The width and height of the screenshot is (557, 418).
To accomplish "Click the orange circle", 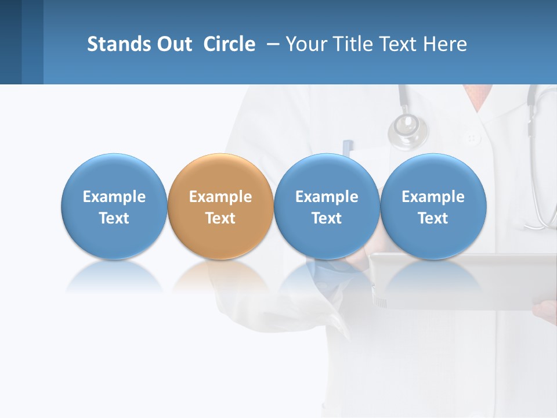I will [220, 207].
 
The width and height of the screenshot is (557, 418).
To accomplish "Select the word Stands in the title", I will [119, 44].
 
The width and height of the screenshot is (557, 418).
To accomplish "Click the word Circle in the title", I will [229, 44].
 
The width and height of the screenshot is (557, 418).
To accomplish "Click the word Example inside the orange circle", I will [220, 197].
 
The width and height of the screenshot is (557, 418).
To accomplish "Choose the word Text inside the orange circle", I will [220, 218].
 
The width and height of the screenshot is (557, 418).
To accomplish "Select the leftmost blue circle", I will [114, 207].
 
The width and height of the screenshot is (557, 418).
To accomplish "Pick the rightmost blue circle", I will [433, 207].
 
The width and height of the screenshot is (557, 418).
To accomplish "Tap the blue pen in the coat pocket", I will [347, 147].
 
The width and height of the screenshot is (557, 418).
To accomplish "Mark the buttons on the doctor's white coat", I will [472, 139].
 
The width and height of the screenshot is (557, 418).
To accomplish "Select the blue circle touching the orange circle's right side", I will [327, 207].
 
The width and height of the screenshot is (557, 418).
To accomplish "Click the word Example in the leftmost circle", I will [114, 197].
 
